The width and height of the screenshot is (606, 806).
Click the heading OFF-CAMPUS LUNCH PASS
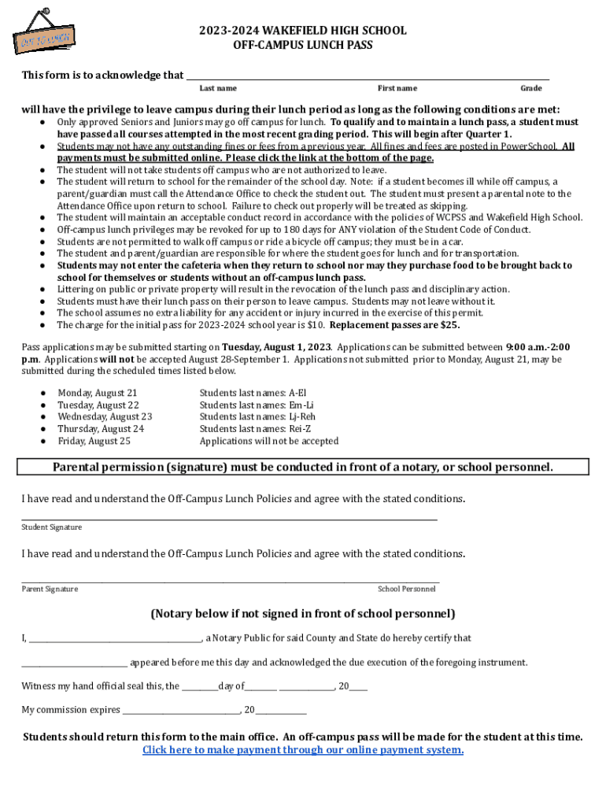[x=302, y=46]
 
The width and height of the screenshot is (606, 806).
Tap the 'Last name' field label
[x=218, y=88]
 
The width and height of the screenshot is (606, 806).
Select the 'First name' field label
[x=397, y=88]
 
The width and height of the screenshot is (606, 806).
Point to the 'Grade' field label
[x=530, y=88]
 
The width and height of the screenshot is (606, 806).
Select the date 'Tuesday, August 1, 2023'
[x=275, y=347]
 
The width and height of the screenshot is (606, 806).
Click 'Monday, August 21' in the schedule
[x=98, y=393]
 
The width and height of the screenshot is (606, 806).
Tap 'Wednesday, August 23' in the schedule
[x=105, y=416]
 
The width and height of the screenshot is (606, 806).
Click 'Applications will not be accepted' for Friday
[x=268, y=442]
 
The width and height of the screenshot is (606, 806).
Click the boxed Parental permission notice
[x=302, y=468]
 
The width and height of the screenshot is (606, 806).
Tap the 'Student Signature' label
[x=51, y=527]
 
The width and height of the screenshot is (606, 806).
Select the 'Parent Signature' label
[x=49, y=589]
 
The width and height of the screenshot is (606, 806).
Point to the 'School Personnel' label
[x=406, y=589]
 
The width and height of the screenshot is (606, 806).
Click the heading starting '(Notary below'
[x=302, y=614]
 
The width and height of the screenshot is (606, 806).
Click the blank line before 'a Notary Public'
[x=114, y=639]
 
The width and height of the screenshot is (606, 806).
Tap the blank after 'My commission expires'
[x=181, y=711]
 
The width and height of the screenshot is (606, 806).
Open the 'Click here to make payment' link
[x=302, y=750]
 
